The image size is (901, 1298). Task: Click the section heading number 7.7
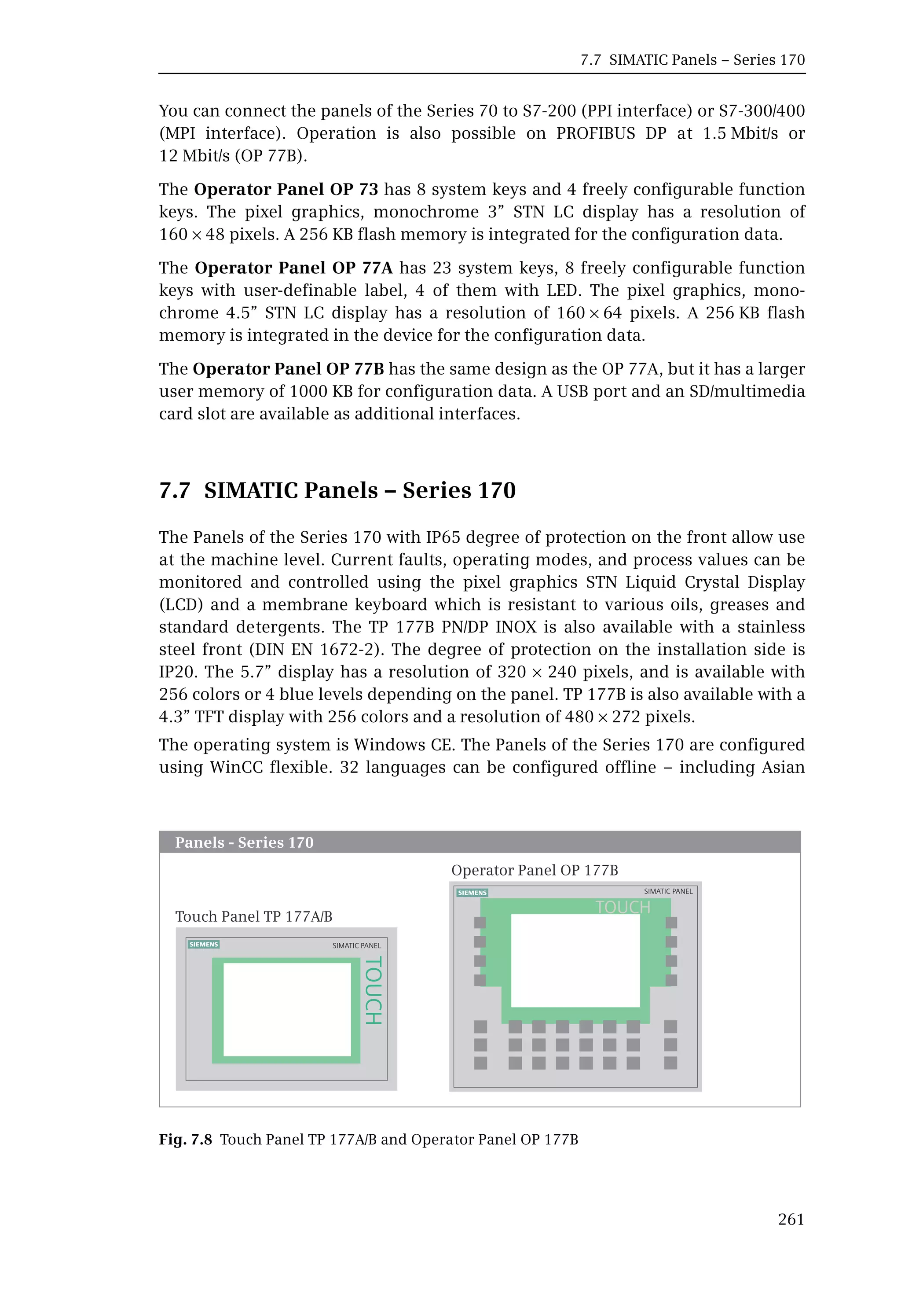[175, 490]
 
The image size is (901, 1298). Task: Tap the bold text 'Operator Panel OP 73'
[286, 189]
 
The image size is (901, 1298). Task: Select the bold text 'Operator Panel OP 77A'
[293, 268]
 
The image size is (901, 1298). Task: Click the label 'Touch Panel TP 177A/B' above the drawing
[253, 916]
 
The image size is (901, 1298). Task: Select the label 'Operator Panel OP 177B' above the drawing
[534, 870]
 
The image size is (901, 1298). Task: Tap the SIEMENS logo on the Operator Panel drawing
[472, 893]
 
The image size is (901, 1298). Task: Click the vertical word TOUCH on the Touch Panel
[374, 991]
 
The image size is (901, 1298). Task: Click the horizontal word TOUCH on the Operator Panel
[623, 907]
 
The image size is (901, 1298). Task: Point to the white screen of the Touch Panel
[287, 1009]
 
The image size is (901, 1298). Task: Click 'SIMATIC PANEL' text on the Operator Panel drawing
[668, 891]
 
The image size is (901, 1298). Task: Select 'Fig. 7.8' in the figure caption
[185, 1139]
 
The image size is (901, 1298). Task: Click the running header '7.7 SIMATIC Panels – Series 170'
[692, 60]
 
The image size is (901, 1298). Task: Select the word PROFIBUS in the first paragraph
[595, 133]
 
